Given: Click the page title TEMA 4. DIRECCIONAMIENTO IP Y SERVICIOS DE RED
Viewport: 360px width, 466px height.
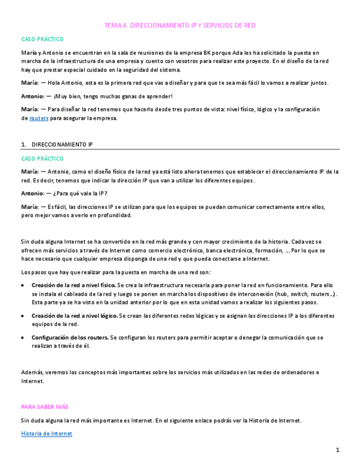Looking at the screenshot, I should tap(180, 25).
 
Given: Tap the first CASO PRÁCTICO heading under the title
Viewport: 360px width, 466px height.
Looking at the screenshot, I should tap(42, 40).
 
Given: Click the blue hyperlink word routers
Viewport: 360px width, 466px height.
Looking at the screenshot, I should tap(38, 118).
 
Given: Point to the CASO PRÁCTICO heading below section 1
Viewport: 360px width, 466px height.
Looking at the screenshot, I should tap(42, 158).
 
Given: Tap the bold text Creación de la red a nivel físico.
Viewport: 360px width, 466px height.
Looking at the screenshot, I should tap(74, 286).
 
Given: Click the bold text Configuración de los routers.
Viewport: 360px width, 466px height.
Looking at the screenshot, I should tap(70, 337).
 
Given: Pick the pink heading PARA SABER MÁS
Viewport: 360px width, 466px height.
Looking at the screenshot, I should tap(45, 407).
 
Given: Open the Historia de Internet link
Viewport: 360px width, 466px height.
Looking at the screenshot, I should tap(46, 434).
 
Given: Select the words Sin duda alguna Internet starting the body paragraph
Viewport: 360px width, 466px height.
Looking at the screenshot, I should tap(53, 242).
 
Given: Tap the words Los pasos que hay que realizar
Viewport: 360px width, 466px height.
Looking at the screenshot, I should tap(64, 273).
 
